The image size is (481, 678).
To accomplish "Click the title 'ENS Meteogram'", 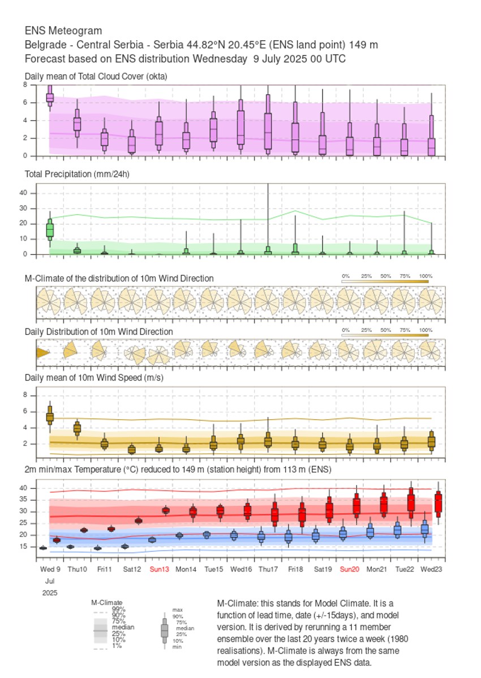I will [63, 31].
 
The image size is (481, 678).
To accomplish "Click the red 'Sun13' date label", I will [159, 569].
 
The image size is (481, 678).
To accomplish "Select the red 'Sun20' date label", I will [349, 569].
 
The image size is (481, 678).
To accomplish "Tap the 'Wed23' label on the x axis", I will [432, 569].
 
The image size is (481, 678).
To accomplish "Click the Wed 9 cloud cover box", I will [50, 97].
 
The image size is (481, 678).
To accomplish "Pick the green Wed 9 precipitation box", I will [50, 229].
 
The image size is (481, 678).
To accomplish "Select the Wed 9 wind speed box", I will [50, 416].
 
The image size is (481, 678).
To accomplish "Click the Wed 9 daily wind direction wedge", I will [42, 353].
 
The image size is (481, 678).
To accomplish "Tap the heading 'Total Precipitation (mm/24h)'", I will [77, 174].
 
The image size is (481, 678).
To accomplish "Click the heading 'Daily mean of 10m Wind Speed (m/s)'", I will [94, 377].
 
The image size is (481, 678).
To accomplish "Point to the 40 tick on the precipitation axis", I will [23, 193].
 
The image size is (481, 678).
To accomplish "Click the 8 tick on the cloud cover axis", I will [25, 84].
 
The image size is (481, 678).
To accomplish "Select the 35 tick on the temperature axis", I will [23, 500].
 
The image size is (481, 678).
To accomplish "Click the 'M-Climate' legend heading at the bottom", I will [107, 603].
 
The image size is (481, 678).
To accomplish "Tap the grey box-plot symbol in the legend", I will [165, 630].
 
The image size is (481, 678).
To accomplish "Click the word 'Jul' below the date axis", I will [49, 581].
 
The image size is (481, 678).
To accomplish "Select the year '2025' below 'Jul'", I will [49, 592].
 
